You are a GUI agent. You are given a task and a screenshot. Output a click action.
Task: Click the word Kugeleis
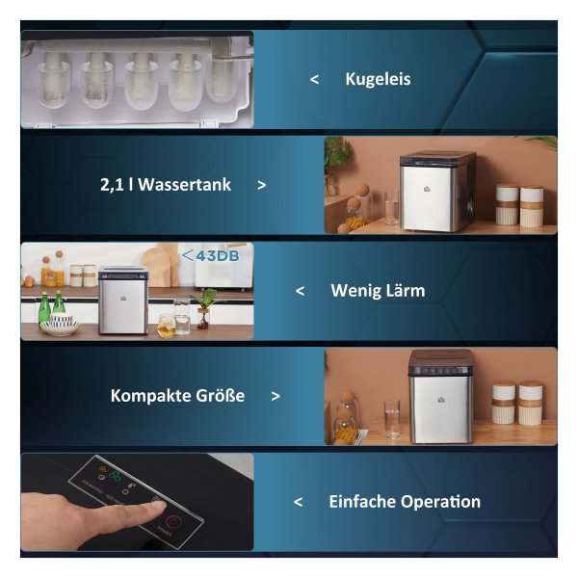(378, 80)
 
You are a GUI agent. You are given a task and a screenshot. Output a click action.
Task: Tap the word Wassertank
(184, 184)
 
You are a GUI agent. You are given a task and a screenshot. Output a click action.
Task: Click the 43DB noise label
(210, 256)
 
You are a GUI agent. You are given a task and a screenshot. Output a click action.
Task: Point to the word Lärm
(406, 291)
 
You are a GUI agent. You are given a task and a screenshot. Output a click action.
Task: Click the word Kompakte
(150, 396)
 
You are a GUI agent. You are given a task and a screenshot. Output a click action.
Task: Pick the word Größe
(220, 396)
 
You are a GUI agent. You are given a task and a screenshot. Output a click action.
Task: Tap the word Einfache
(362, 502)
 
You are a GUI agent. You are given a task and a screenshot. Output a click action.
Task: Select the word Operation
(440, 503)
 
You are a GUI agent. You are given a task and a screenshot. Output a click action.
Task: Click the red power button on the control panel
(172, 521)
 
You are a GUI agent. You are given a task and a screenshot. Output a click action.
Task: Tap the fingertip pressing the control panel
(157, 506)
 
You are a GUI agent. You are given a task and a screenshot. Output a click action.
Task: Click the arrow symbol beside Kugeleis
(314, 79)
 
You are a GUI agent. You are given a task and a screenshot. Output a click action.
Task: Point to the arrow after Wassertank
(262, 185)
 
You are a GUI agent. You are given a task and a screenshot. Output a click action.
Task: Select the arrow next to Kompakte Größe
(276, 396)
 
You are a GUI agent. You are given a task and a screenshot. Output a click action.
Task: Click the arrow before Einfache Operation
(299, 502)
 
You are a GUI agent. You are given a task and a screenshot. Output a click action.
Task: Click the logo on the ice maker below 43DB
(122, 299)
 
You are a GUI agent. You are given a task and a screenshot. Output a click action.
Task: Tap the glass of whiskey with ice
(167, 326)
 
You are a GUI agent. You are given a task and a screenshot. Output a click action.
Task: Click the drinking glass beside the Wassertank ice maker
(391, 208)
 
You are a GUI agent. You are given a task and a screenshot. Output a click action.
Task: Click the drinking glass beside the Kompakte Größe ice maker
(392, 418)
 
